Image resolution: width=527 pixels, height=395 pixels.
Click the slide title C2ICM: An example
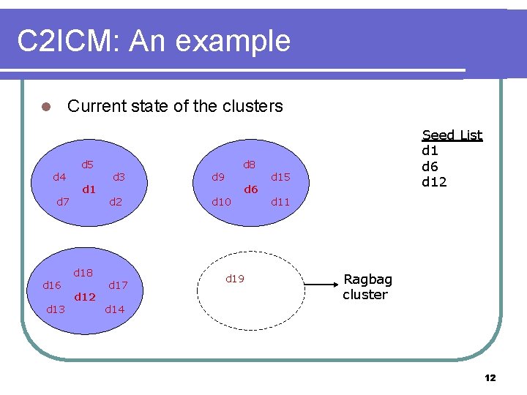154,41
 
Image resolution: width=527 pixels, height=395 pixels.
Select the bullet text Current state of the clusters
174,106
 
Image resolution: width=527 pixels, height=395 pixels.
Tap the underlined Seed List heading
452,135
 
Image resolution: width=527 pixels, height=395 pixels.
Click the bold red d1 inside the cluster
89,189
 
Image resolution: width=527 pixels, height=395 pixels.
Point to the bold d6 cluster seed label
251,189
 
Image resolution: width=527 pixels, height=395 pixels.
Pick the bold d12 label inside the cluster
85,297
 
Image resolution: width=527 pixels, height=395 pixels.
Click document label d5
87,165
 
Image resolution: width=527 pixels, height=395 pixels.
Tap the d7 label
64,202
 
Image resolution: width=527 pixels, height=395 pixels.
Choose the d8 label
249,165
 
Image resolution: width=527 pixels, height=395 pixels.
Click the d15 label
280,177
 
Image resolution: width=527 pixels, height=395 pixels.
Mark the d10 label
221,202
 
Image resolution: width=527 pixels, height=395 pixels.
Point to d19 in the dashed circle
234,279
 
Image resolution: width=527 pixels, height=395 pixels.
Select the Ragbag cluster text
367,287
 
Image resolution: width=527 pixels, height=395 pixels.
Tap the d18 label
83,273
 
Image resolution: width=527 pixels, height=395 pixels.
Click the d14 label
115,309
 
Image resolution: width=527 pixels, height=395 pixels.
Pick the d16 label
52,285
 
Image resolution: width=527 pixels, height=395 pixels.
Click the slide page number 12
490,377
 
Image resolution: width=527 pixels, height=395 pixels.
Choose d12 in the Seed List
434,182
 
